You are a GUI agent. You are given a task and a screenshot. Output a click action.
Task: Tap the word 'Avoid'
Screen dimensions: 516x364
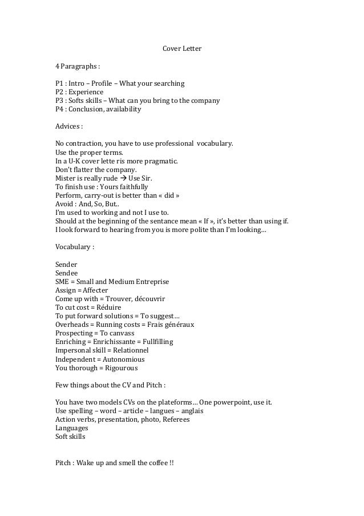click(x=64, y=203)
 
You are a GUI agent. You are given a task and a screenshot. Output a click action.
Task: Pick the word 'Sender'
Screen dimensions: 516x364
click(x=66, y=265)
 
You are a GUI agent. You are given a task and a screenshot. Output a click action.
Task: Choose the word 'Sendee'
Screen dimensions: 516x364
click(x=66, y=273)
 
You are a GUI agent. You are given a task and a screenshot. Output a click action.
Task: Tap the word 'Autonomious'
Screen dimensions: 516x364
click(x=124, y=359)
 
